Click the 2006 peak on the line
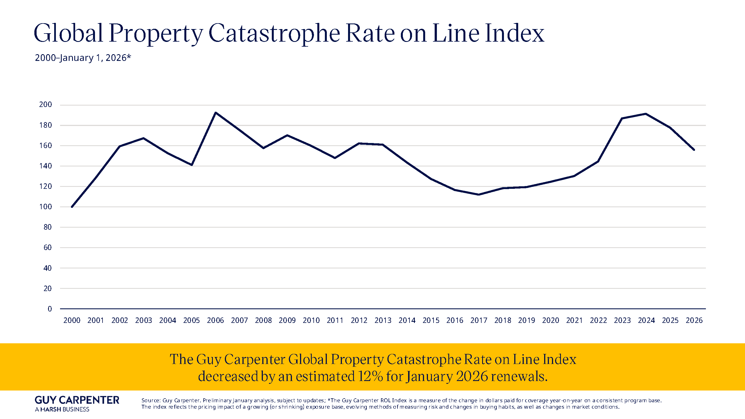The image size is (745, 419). [x=216, y=113]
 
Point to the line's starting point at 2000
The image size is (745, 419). [x=72, y=207]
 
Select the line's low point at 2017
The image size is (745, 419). [x=479, y=195]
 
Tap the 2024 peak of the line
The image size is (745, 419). [x=646, y=114]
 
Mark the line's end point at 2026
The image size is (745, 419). [x=694, y=150]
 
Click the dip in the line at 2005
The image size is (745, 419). [x=192, y=165]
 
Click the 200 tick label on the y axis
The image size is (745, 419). [x=46, y=104]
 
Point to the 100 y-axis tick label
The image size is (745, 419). [x=46, y=207]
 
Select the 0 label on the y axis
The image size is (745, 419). [x=50, y=309]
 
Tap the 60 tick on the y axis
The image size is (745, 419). [x=47, y=247]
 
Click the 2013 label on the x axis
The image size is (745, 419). [x=383, y=320]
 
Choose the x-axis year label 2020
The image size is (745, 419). [x=550, y=320]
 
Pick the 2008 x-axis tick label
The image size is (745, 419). [x=263, y=320]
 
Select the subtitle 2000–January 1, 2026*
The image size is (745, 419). [x=83, y=58]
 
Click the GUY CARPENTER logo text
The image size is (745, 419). [x=77, y=400]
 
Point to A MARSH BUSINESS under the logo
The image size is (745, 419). [x=62, y=410]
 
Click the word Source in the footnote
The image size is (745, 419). [x=150, y=401]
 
